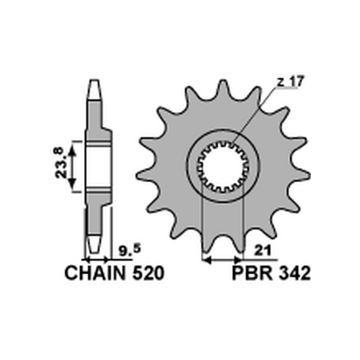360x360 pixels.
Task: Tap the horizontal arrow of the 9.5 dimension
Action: (x=97, y=260)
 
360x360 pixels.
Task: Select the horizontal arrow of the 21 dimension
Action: (x=222, y=260)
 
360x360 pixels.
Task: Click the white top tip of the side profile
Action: (x=94, y=90)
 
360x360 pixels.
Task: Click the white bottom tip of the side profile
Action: (x=94, y=244)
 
